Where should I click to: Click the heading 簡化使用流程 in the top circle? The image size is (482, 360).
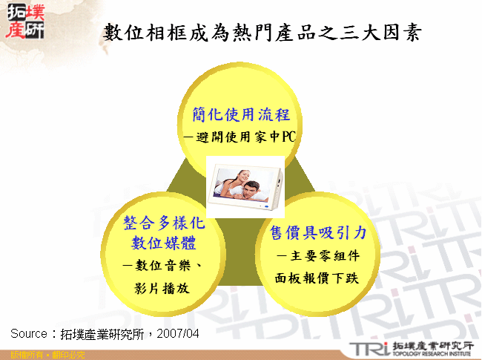click(245, 114)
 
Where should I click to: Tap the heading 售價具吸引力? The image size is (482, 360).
click(318, 233)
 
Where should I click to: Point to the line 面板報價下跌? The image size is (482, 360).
click(318, 278)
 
